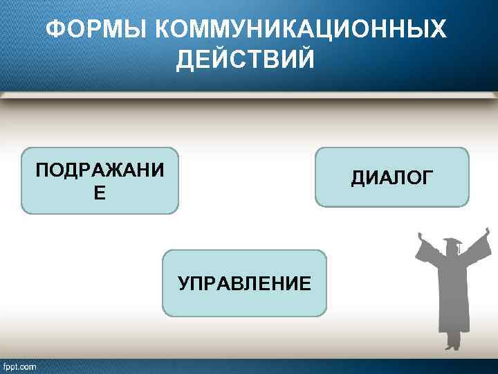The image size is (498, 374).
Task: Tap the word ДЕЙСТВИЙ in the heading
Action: [x=246, y=60]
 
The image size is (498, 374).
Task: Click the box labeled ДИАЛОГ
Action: [x=392, y=177]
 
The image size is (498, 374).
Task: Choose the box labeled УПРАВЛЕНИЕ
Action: [x=244, y=283]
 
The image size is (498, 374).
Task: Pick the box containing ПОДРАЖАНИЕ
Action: [x=100, y=180]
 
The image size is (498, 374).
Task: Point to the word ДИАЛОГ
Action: [x=392, y=178]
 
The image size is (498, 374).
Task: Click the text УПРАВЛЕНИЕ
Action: [x=244, y=283]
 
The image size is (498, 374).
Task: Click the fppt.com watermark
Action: [x=20, y=366]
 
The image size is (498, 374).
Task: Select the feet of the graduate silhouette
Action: [x=453, y=345]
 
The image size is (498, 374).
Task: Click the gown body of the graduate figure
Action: [x=452, y=291]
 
